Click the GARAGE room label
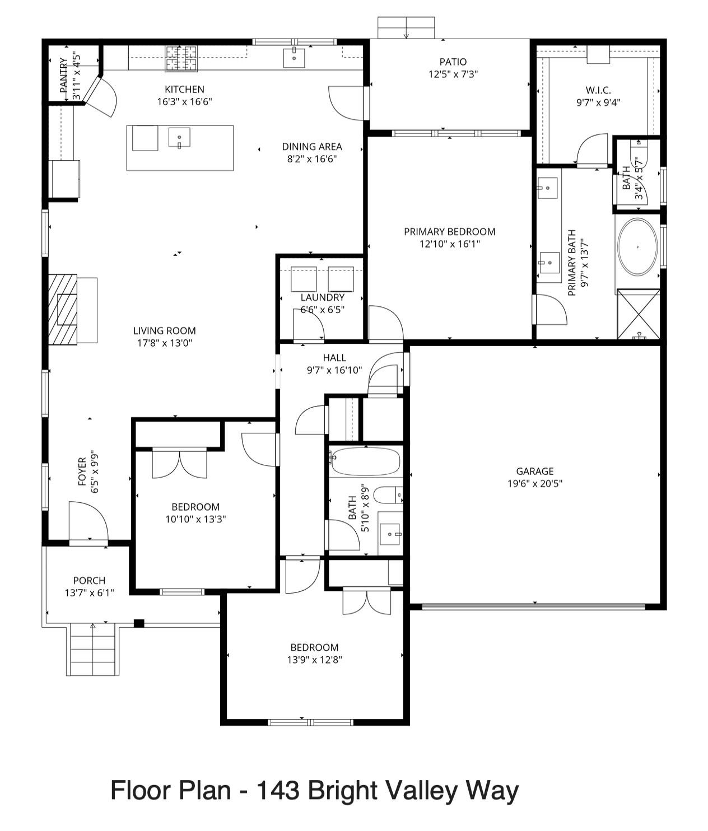(534, 471)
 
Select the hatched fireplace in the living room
(62, 310)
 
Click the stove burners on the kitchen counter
(181, 58)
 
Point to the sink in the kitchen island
(180, 137)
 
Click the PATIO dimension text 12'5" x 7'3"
(453, 74)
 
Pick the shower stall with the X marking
(639, 314)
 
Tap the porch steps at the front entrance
(94, 650)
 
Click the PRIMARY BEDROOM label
(449, 231)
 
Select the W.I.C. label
(598, 90)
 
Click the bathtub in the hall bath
(365, 462)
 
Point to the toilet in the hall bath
(387, 495)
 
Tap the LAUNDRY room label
(322, 297)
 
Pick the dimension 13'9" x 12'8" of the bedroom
(314, 660)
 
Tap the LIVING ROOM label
(165, 330)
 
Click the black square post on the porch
(139, 623)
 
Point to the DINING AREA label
(311, 147)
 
